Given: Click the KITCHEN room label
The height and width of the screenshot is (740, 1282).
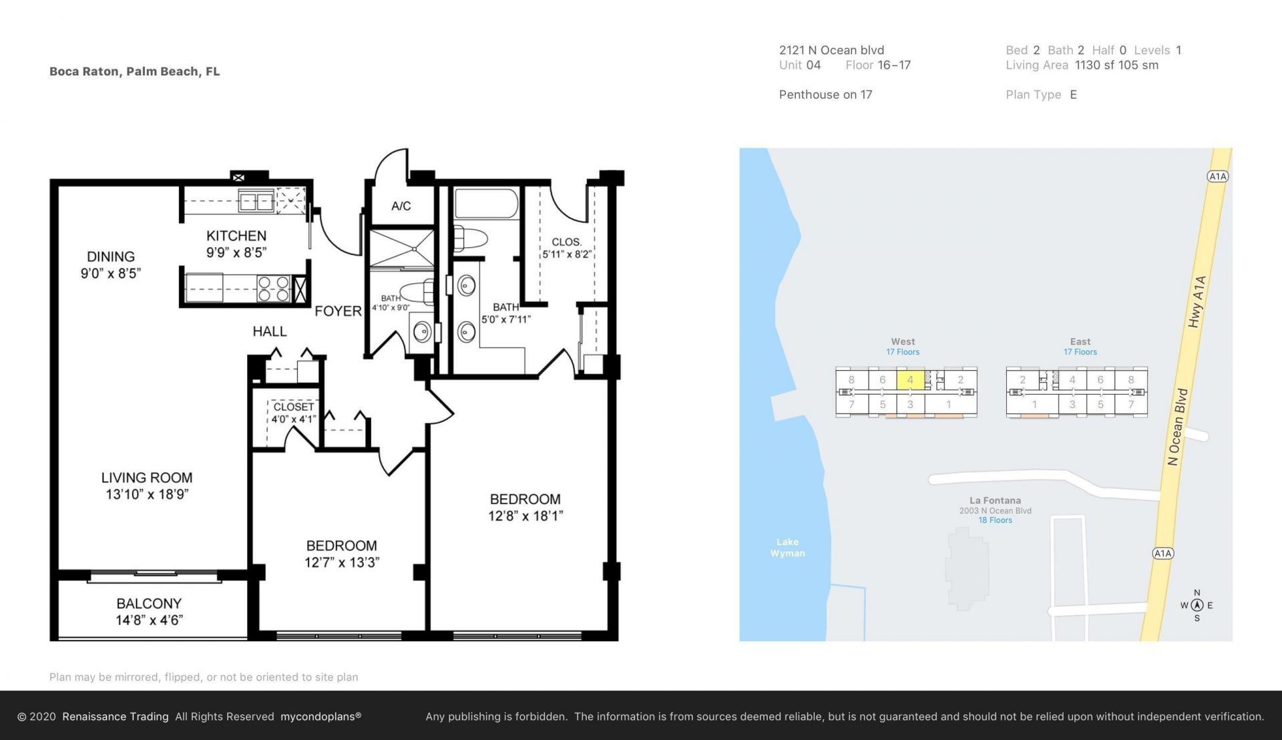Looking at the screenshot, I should tap(236, 236).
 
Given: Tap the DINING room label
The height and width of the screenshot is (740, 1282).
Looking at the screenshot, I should tap(111, 256).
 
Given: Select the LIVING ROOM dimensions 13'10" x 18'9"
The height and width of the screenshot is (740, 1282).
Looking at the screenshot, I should tap(147, 495).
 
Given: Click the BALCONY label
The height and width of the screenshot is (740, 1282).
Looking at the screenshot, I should tap(149, 604).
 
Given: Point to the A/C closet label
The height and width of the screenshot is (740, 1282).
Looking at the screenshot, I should tap(401, 206).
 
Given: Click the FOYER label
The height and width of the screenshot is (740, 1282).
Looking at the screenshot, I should tap(338, 311).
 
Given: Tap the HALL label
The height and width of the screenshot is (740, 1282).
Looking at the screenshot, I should tap(270, 332).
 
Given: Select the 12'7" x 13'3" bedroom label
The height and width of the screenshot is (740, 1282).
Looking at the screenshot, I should tap(342, 562).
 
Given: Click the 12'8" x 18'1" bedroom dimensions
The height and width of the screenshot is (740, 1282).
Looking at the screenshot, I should tap(525, 516).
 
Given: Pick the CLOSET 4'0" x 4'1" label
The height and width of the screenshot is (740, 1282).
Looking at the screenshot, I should tap(293, 413).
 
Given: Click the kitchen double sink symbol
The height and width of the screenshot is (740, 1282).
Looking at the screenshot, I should tap(256, 201).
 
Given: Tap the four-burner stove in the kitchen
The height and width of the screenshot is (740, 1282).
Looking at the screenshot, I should tap(274, 289).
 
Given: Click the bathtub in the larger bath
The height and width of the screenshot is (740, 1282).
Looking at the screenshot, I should tap(486, 204).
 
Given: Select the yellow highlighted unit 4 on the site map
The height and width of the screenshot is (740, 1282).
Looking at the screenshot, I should tap(910, 380).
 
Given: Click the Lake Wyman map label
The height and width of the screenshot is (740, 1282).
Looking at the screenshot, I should tap(787, 548).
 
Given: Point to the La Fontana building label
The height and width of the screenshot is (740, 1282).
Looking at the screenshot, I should tap(995, 500).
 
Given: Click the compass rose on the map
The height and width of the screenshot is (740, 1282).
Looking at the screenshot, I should tap(1197, 606).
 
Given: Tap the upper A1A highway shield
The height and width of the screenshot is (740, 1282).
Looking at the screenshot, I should tap(1218, 176).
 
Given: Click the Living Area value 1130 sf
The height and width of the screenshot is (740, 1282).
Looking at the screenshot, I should tap(1094, 65).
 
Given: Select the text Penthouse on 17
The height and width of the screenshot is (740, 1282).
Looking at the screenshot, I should tap(825, 95).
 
